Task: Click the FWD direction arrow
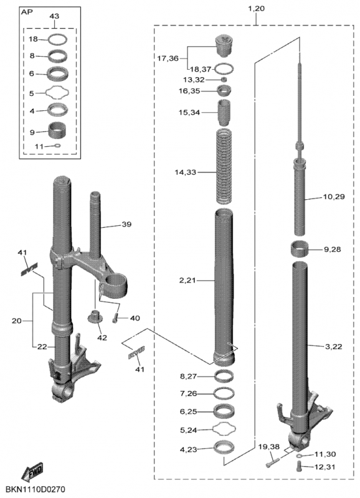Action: click(x=32, y=472)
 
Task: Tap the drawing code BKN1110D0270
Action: click(x=36, y=489)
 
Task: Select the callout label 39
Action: click(x=126, y=224)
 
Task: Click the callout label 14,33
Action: click(x=185, y=172)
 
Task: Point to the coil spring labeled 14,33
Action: click(x=224, y=166)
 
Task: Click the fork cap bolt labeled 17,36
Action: click(x=224, y=45)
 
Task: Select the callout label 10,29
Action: click(x=334, y=197)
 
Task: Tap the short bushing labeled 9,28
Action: click(x=300, y=248)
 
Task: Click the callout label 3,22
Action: click(x=334, y=347)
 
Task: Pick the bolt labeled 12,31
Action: click(x=298, y=466)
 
